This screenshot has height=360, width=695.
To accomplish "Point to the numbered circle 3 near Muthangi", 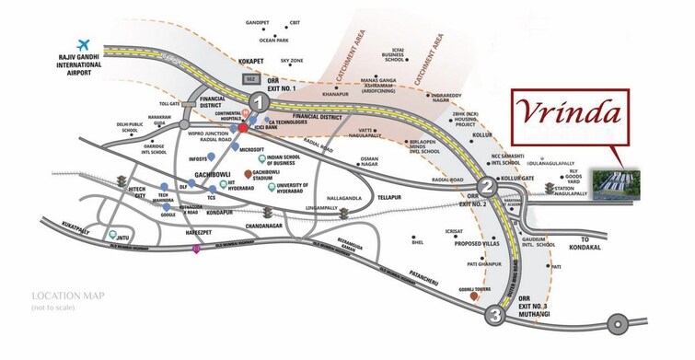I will [x=497, y=317].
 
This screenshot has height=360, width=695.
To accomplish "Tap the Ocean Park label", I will [x=274, y=41].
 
